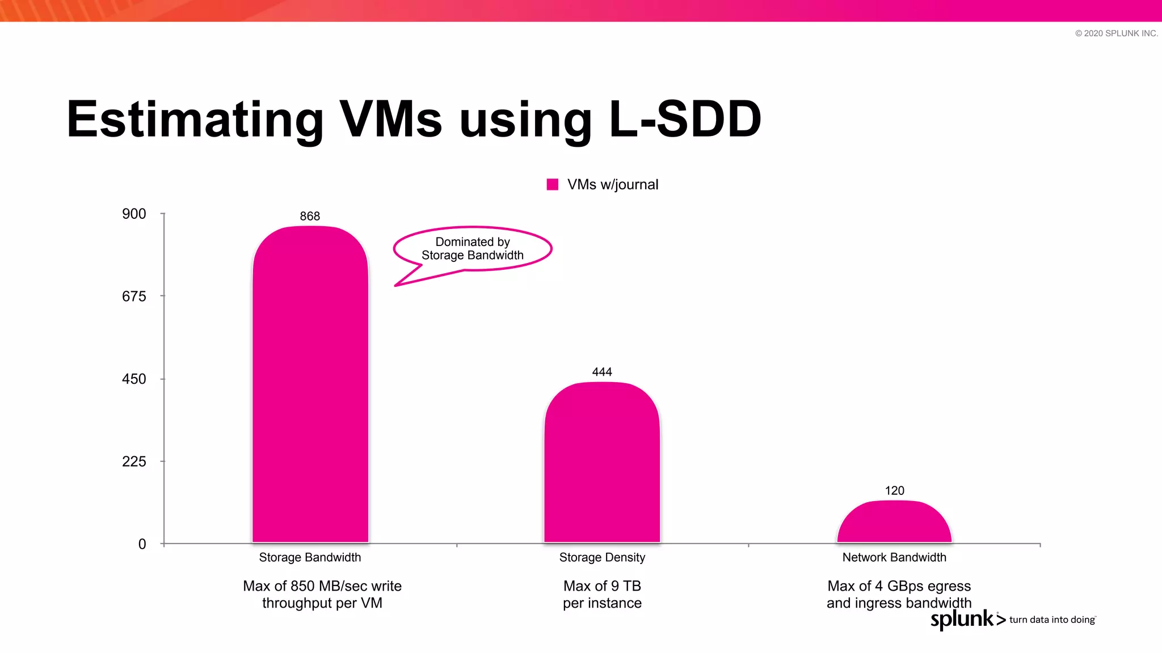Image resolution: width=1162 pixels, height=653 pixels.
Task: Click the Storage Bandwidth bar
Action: pos(310,385)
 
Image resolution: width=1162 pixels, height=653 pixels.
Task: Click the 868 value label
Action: pos(310,216)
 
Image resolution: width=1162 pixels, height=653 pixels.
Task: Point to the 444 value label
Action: pos(602,372)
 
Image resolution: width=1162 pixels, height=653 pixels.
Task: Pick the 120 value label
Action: pos(894,490)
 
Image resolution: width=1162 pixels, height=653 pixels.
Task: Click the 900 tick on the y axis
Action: pos(134,214)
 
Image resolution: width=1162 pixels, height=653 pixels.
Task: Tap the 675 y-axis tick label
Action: pos(134,296)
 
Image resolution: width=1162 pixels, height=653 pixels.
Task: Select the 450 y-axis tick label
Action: pos(134,379)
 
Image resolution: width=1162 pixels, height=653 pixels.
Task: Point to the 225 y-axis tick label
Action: pos(134,461)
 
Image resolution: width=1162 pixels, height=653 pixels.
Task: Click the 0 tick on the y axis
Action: pos(142,544)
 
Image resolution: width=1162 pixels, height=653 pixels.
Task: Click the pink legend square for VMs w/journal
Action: pos(553,184)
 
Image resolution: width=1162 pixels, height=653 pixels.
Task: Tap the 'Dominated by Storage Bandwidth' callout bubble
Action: pos(473,249)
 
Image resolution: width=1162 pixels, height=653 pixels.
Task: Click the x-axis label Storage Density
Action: pos(602,557)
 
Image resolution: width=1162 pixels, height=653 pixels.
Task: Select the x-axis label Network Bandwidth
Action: pos(894,557)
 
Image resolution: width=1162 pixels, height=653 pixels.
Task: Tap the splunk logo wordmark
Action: pos(963,619)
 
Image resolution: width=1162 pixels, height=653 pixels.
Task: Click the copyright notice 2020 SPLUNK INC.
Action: pos(1116,33)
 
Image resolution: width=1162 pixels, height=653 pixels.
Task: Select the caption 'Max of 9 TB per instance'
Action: pos(602,594)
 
